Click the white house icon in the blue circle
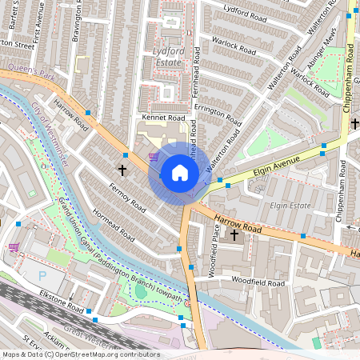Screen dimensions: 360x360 tap(179, 173)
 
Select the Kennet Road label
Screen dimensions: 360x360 tap(163, 118)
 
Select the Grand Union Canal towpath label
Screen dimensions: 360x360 tap(120, 253)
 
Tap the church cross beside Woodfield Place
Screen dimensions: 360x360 tap(234, 234)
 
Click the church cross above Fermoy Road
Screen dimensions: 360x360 tap(122, 170)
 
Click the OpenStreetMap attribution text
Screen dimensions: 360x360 tap(81, 354)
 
